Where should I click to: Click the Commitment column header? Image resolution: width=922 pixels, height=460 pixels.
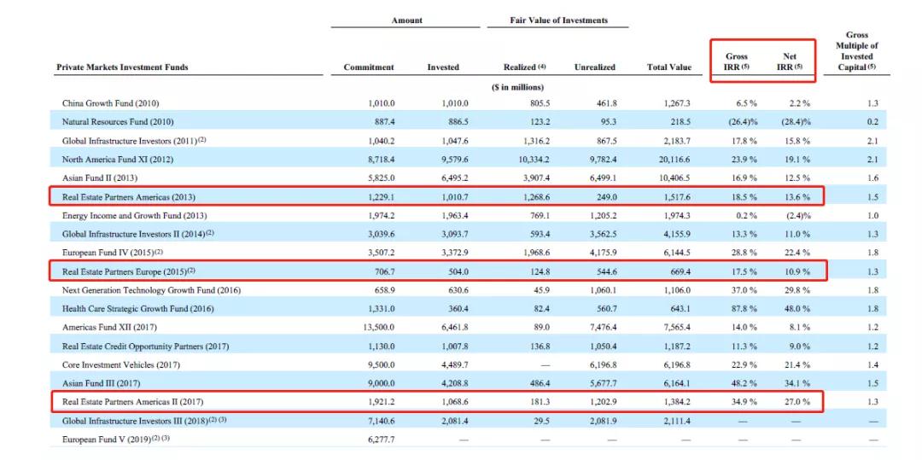[x=369, y=67]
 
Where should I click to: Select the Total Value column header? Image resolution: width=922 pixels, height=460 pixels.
[x=669, y=67]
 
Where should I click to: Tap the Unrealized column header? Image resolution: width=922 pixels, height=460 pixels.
[x=594, y=67]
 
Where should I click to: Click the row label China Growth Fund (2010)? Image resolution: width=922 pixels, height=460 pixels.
[x=110, y=103]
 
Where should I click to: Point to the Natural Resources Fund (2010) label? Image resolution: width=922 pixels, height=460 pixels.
[x=118, y=122]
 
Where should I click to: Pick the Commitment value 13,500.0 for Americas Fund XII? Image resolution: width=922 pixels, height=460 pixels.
[x=377, y=327]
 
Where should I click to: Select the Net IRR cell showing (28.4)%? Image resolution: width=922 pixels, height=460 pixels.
[x=797, y=122]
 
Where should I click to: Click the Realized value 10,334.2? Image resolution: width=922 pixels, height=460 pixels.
[x=532, y=160]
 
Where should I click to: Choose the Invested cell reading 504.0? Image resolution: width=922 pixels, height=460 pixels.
[x=458, y=271]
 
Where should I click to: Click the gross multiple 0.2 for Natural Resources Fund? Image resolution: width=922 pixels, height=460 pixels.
[x=872, y=122]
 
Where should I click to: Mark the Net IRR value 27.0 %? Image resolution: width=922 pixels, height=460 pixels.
[x=797, y=403]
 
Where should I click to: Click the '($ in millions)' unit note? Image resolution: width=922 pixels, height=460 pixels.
[x=517, y=88]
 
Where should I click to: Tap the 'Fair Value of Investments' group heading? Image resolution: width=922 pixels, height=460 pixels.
[x=558, y=20]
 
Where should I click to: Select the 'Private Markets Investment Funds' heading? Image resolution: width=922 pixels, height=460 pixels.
[x=122, y=67]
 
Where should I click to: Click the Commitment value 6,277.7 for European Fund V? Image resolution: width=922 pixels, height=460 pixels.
[x=379, y=440]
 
